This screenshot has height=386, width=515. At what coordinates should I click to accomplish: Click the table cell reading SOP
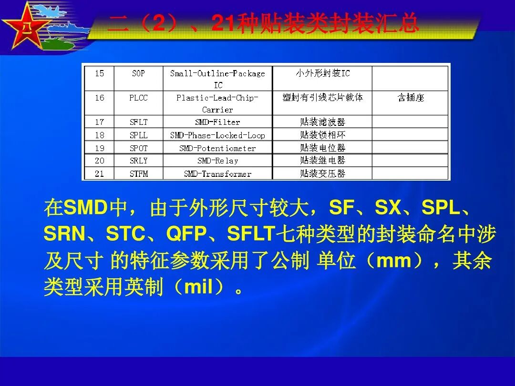pyautogui.click(x=138, y=73)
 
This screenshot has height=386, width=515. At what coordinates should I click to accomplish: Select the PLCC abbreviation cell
pyautogui.click(x=138, y=98)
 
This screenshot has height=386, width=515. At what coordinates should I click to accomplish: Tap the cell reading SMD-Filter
pyautogui.click(x=217, y=122)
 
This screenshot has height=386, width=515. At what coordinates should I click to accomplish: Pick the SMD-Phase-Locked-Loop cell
pyautogui.click(x=217, y=135)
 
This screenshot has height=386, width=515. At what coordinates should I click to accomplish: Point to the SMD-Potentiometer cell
pyautogui.click(x=217, y=148)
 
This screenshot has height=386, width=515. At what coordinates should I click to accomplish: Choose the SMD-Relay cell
pyautogui.click(x=217, y=161)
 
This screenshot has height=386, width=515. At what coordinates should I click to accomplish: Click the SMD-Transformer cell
pyautogui.click(x=217, y=173)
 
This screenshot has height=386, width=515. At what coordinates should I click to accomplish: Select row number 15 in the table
pyautogui.click(x=99, y=73)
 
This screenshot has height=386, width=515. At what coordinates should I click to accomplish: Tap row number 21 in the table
pyautogui.click(x=99, y=173)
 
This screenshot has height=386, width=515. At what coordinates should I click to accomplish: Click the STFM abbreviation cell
pyautogui.click(x=138, y=173)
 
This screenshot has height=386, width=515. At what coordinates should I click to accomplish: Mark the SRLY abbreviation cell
pyautogui.click(x=138, y=161)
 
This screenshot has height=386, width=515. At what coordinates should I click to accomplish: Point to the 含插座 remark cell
pyautogui.click(x=410, y=98)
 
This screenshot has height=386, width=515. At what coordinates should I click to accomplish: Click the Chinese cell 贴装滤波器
pyautogui.click(x=322, y=122)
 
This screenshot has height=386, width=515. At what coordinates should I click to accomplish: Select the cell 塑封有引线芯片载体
pyautogui.click(x=322, y=98)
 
